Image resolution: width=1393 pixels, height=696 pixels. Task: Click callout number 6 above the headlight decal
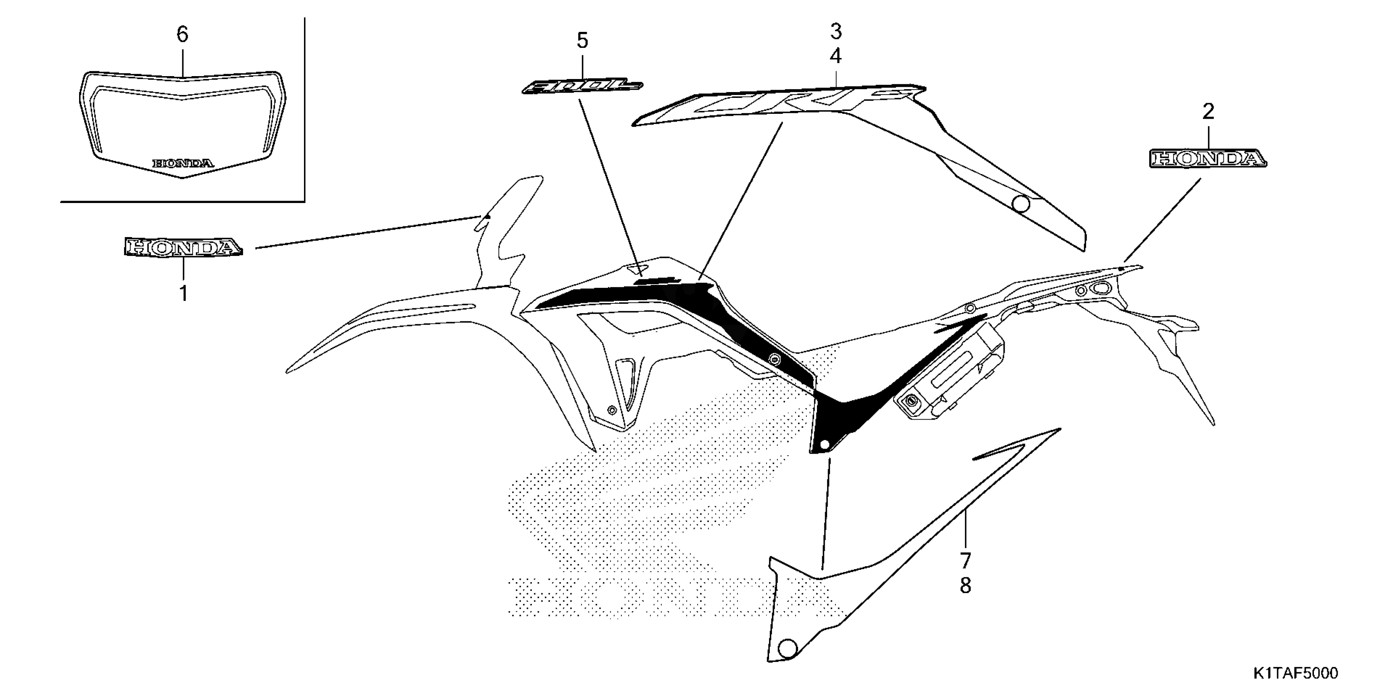pos(182,34)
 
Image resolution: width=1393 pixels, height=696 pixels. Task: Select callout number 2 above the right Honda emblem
pos(1208,112)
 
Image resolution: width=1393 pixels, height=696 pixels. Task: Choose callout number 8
pos(965,585)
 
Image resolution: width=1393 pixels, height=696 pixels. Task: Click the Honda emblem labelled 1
pos(182,248)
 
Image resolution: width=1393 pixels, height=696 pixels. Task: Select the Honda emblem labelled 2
pos(1207,159)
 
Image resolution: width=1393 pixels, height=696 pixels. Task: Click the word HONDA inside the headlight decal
pos(183,163)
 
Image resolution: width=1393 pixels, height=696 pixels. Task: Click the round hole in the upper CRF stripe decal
pos(1021,204)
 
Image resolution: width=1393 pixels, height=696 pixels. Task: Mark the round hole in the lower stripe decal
pos(788,647)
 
